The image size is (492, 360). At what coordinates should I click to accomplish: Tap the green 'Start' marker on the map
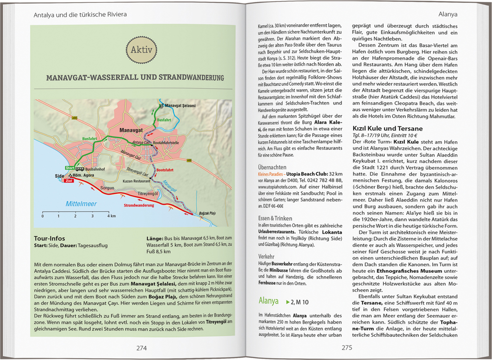click(x=69, y=167)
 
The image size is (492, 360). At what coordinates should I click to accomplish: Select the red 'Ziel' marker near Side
click(x=68, y=181)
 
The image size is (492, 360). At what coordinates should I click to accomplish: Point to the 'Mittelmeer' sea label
click(x=81, y=204)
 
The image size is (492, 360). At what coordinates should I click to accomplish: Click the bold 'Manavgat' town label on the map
click(x=123, y=130)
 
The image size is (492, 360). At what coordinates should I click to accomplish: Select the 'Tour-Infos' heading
click(x=49, y=239)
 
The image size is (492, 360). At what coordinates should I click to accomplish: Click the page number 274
click(x=141, y=348)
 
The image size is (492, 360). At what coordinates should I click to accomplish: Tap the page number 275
click(x=347, y=348)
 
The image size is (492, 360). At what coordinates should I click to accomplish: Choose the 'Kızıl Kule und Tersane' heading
click(x=387, y=129)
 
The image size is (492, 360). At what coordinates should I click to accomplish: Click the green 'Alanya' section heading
click(x=269, y=301)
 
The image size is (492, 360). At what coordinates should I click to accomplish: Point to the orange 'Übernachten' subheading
click(x=273, y=167)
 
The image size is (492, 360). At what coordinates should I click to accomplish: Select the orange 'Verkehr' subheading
click(x=267, y=256)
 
